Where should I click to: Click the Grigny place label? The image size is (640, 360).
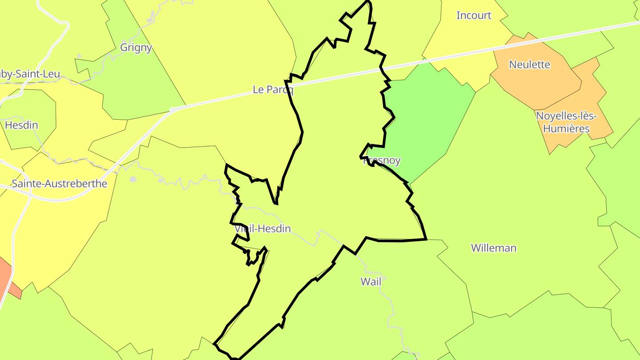click(x=136, y=48)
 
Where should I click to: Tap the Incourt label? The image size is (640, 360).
click(x=474, y=16)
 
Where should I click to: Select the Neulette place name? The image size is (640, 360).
click(x=529, y=64)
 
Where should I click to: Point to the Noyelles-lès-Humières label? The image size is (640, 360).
click(x=566, y=122)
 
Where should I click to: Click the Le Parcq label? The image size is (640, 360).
click(x=273, y=89)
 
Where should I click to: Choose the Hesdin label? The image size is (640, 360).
click(x=21, y=125)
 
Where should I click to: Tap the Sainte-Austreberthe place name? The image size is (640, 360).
click(x=60, y=184)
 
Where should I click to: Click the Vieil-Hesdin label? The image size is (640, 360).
click(x=263, y=229)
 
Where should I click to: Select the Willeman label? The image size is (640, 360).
click(x=494, y=248)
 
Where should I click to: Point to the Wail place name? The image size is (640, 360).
click(x=371, y=281)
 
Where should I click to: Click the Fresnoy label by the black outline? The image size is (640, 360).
click(x=382, y=160)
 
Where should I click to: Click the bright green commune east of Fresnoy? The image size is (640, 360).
click(x=427, y=116)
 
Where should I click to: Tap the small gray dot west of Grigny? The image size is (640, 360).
click(x=79, y=56)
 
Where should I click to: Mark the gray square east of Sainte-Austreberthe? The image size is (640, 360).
click(x=133, y=179)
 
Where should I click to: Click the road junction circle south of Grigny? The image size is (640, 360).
click(x=172, y=109)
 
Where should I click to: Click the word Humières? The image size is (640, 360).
click(x=566, y=129)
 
